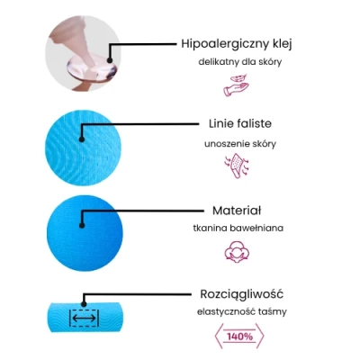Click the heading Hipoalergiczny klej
tap(237, 44)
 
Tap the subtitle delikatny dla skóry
tap(240, 62)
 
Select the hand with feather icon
tap(236, 85)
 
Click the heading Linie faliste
tap(240, 123)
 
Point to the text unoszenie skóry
tap(240, 144)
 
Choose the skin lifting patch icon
tap(237, 166)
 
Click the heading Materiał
tap(237, 211)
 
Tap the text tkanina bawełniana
tap(238, 228)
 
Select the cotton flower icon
tap(237, 252)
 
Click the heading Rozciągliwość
tap(241, 294)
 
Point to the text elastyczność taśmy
tap(242, 312)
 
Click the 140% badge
tap(239, 337)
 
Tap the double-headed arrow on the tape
tap(84, 319)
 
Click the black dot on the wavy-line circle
tap(81, 139)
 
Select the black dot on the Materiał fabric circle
tap(82, 226)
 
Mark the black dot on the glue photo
tap(110, 60)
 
